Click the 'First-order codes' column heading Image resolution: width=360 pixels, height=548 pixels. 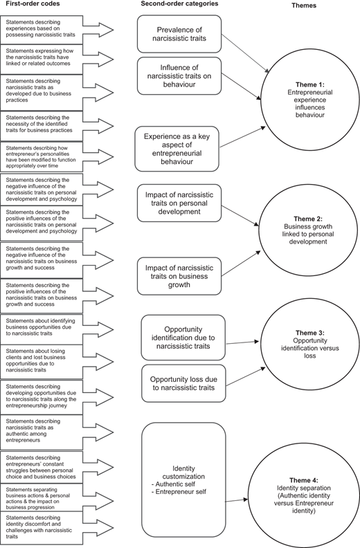[33, 4]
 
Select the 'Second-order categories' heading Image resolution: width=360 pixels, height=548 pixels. [179, 4]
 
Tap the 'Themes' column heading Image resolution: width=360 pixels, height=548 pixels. [304, 6]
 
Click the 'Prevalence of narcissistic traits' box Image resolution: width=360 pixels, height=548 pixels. [179, 34]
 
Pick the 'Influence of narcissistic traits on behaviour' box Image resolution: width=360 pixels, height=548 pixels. [179, 76]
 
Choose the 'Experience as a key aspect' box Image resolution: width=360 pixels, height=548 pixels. [177, 149]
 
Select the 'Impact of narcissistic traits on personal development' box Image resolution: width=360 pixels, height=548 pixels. [179, 203]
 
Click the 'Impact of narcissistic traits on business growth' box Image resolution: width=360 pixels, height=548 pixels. [179, 276]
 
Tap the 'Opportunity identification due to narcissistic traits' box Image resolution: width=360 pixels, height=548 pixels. [183, 338]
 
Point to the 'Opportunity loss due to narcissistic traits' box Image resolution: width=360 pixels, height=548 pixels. [183, 383]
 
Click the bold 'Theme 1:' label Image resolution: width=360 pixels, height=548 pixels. [310, 84]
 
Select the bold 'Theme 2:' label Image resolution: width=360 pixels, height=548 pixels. [308, 219]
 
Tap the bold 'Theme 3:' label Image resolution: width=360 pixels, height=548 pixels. [310, 333]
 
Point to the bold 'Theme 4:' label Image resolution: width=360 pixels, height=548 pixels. [304, 480]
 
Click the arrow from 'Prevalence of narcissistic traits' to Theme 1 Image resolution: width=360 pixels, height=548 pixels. [246, 54]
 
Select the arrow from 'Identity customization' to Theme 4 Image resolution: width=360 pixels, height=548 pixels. [237, 500]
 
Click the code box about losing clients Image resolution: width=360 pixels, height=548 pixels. [42, 362]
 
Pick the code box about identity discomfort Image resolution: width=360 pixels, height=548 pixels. [42, 528]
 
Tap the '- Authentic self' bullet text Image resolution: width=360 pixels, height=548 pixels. [174, 484]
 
